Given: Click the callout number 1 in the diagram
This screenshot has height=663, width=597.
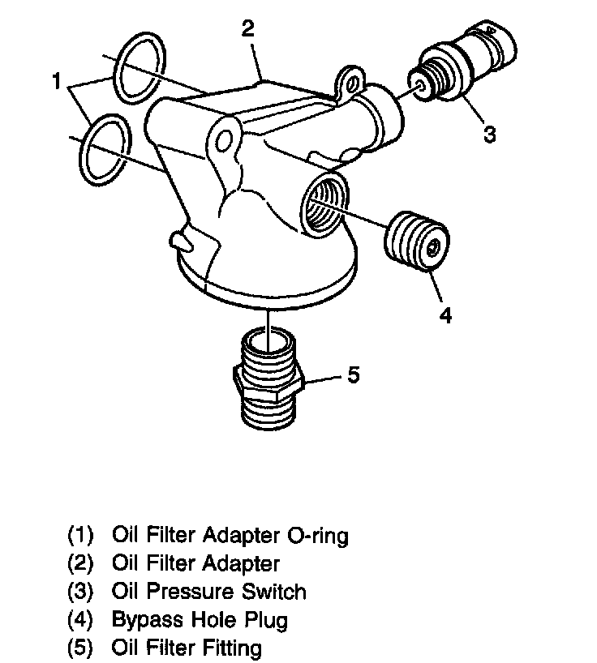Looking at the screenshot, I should click(x=56, y=81).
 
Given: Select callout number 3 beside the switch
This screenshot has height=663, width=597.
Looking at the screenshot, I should click(x=489, y=133).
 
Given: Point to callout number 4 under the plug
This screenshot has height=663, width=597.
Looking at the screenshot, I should click(x=445, y=314).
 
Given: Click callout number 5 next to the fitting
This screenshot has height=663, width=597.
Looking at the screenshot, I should click(x=353, y=374).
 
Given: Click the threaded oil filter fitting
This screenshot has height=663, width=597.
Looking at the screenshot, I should click(x=266, y=381).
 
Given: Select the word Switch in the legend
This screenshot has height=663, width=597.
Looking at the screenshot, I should click(x=277, y=592).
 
